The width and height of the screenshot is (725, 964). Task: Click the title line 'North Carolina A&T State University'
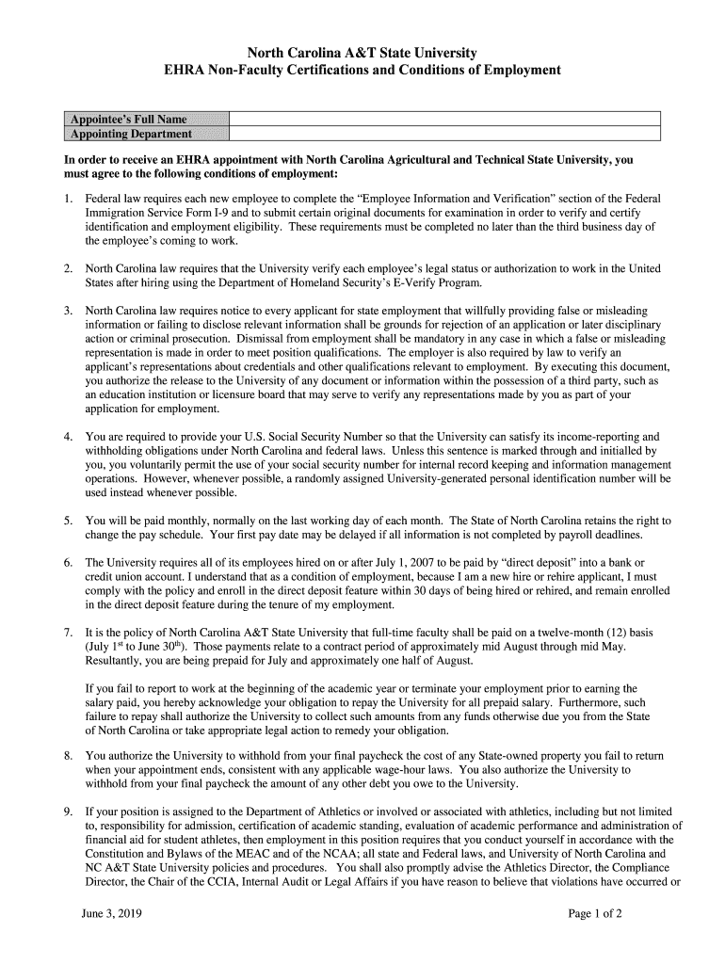[x=362, y=53]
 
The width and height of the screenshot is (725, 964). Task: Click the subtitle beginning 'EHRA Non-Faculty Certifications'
[x=362, y=71]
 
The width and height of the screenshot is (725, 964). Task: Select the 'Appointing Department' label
[x=127, y=134]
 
